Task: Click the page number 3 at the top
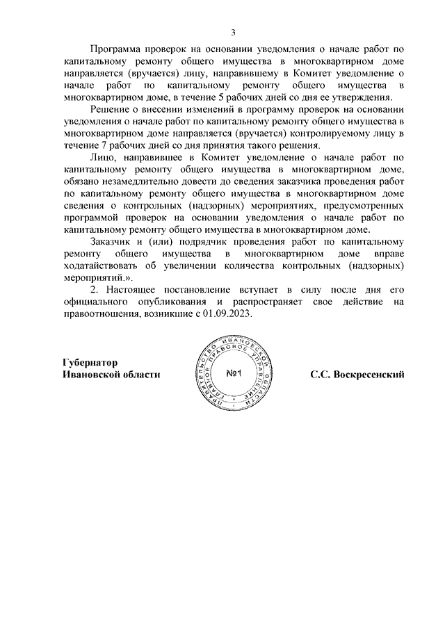coord(234,33)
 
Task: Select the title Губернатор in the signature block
coord(90,362)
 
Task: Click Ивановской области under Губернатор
coord(111,374)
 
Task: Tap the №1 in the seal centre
coord(234,375)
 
